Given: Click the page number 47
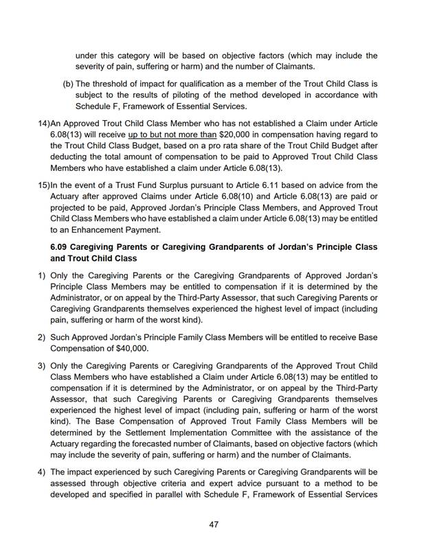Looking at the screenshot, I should (214, 524).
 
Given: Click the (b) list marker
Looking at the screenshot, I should (68, 84).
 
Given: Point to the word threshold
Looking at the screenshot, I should (113, 84).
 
